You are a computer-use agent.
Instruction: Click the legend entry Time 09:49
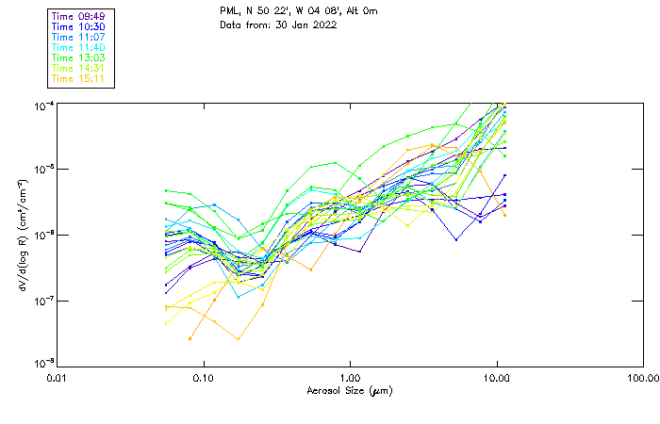coord(79,16)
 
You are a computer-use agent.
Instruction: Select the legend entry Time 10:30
coord(79,26)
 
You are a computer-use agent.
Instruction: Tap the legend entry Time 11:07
coord(79,37)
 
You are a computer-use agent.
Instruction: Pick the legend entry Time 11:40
coord(79,47)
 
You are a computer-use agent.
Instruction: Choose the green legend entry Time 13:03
coord(79,57)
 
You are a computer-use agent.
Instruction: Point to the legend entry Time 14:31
coord(79,68)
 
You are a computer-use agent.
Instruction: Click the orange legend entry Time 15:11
coord(79,78)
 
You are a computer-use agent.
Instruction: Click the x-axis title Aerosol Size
coord(349,390)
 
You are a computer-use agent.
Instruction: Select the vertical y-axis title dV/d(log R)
coord(23,235)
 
